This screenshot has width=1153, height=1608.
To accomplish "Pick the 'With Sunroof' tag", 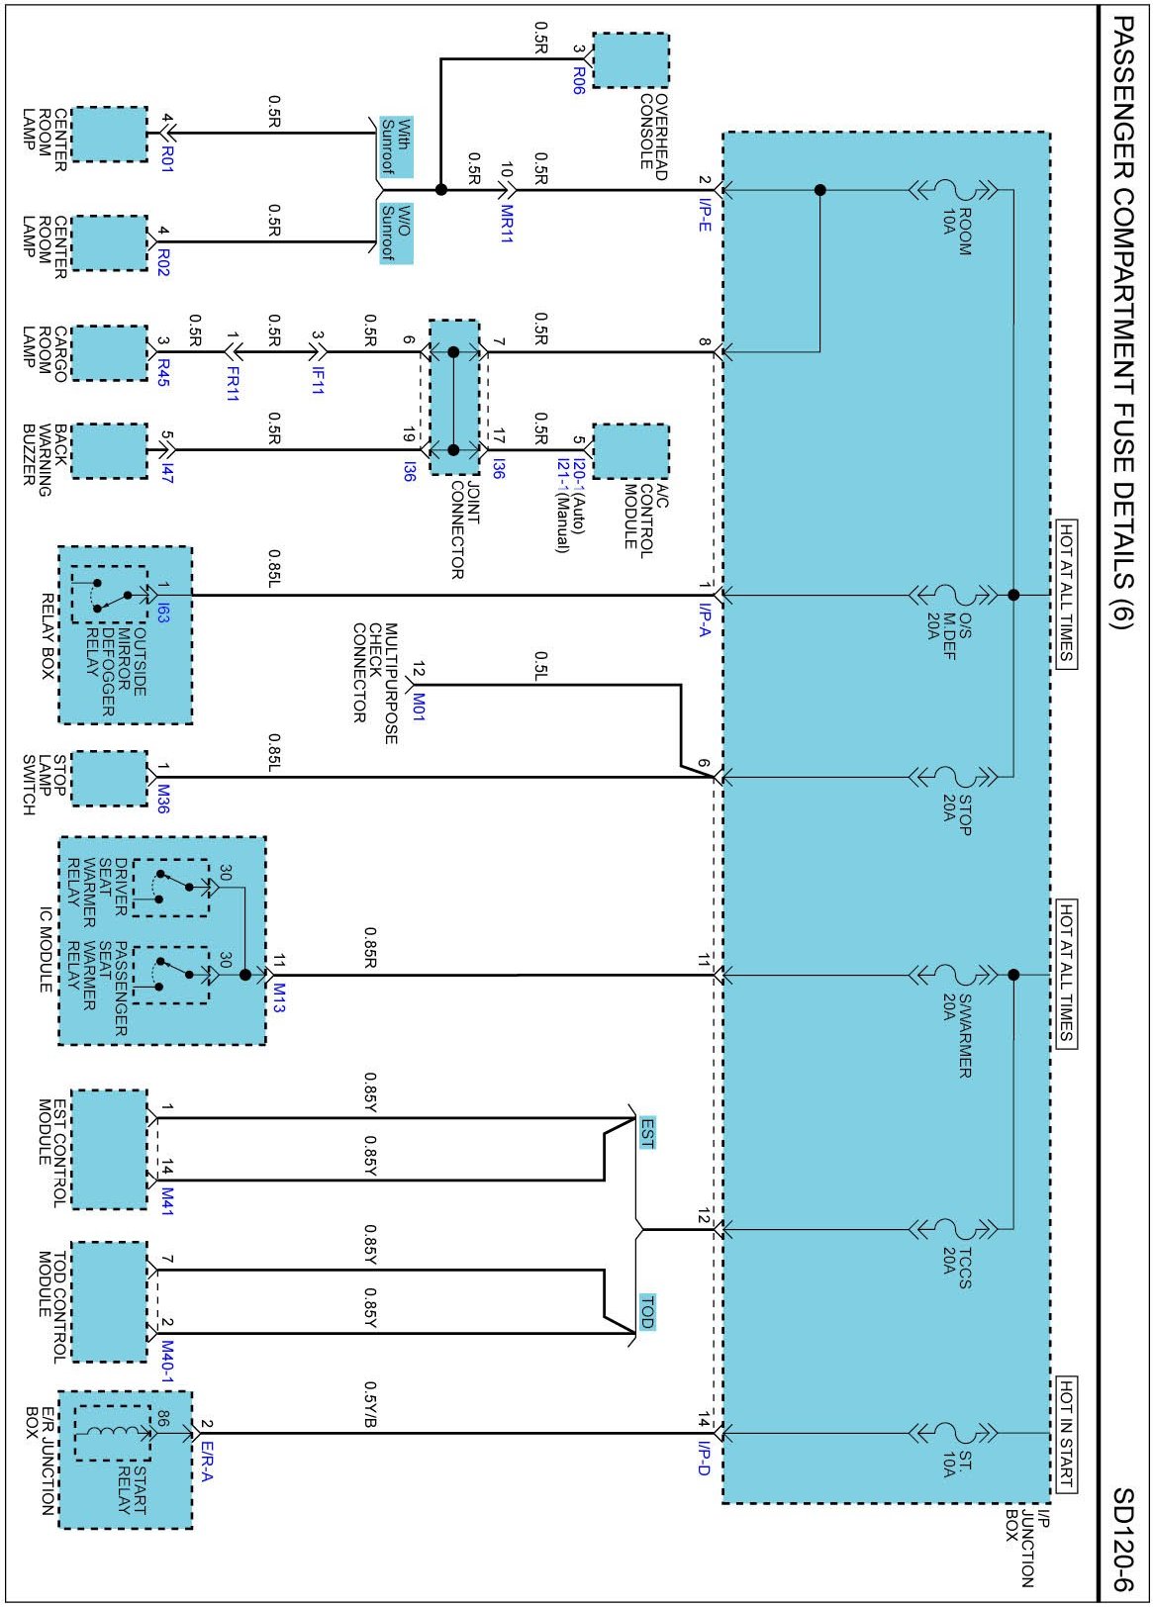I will (396, 144).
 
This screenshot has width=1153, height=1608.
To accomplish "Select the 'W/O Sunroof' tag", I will (396, 234).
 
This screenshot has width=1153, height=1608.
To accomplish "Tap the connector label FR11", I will (233, 382).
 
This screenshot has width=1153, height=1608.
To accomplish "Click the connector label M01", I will (419, 706).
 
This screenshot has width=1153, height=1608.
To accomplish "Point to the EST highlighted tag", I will (646, 1132).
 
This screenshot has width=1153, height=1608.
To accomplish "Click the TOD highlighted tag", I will (646, 1311).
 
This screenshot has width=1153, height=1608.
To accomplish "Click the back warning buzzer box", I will (109, 451).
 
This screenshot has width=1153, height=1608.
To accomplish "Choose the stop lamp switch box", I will (109, 778).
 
